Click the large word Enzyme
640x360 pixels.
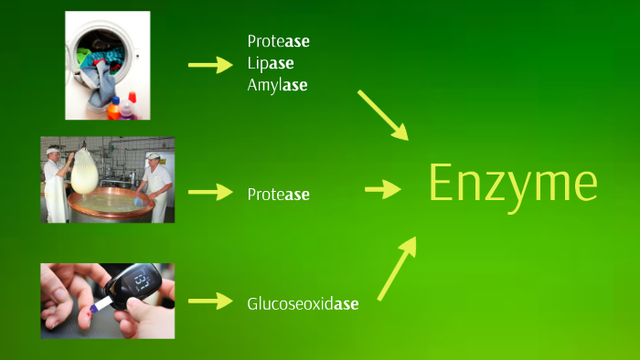pos(513,185)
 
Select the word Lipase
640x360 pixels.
pos(271,63)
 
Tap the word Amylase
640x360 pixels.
pos(277,85)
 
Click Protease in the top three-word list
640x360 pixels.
pos(278,41)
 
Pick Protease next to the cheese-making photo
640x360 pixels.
pos(278,195)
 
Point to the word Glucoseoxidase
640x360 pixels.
pos(302,303)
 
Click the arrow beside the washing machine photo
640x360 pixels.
pos(210,65)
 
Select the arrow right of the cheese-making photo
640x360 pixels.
pos(210,192)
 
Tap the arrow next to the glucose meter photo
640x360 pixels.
pos(210,301)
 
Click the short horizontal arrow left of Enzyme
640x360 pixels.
pos(383,189)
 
